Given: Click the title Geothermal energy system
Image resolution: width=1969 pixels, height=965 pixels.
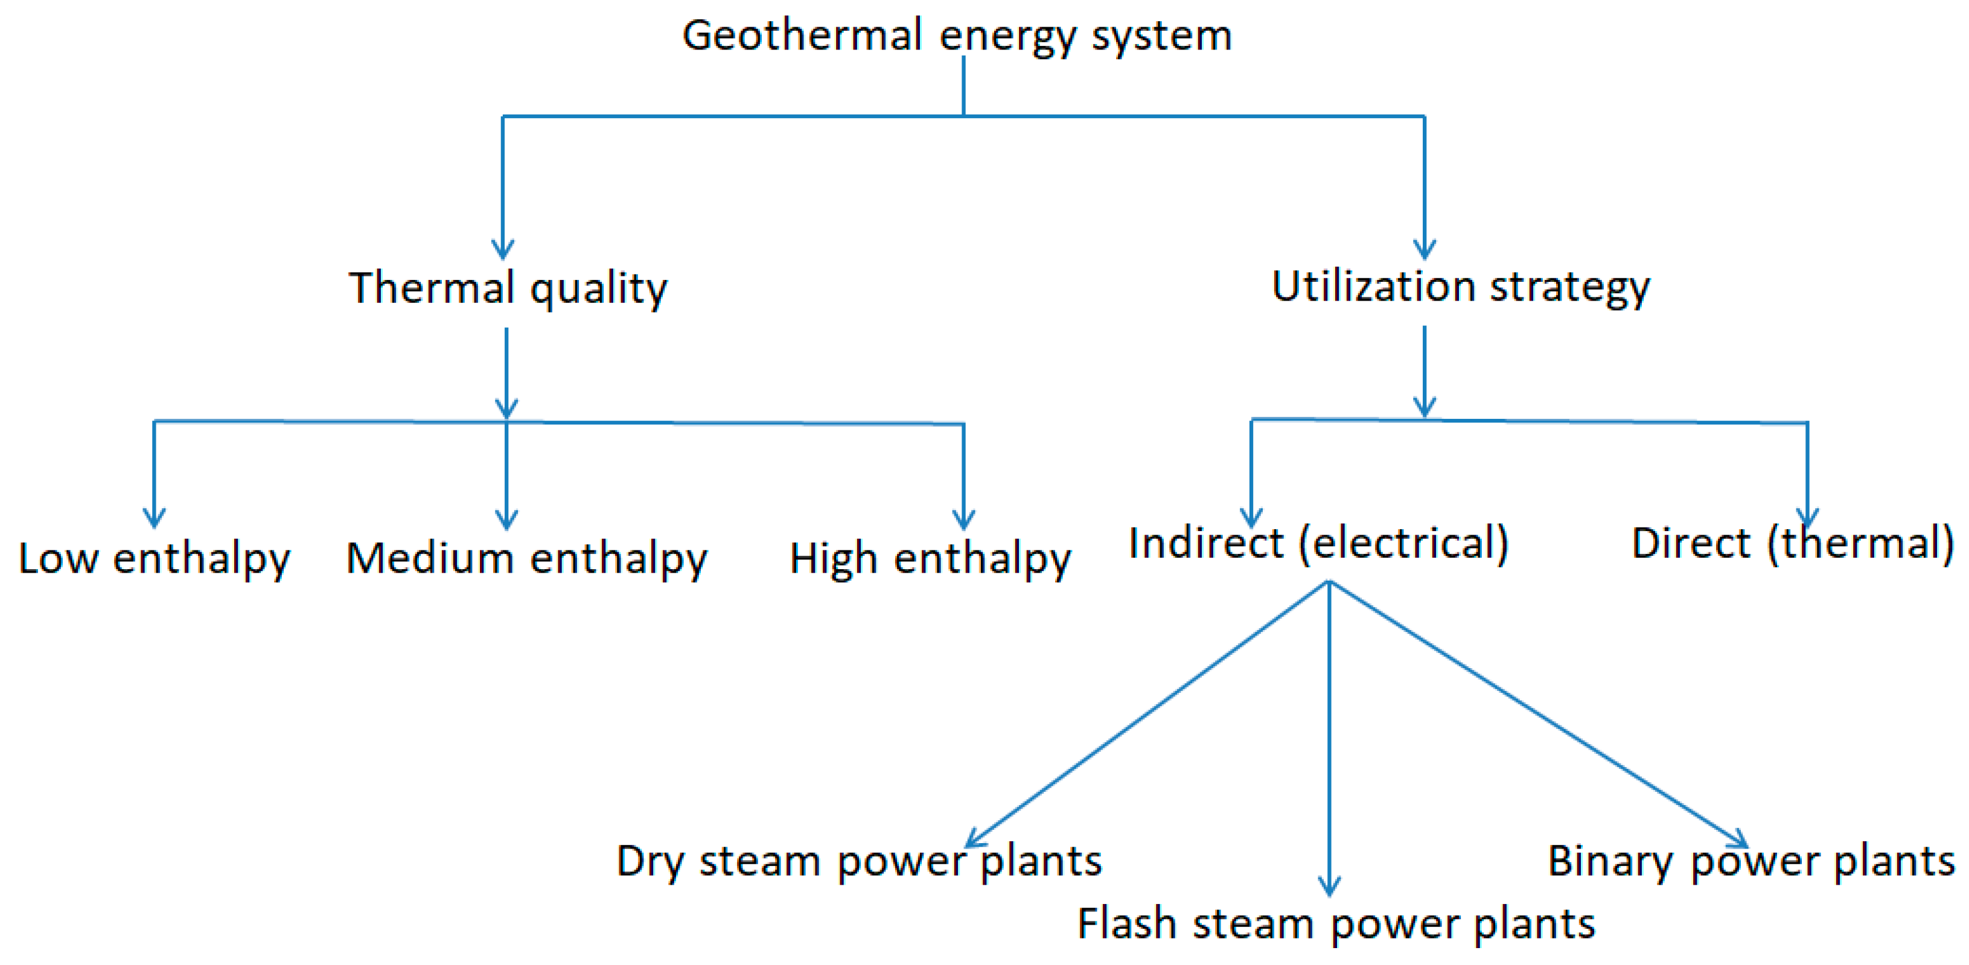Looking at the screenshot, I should [x=957, y=36].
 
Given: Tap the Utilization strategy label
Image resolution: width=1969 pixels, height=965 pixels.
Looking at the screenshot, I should [x=1460, y=287].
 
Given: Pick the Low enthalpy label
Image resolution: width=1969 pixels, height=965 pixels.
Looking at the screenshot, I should [x=155, y=558].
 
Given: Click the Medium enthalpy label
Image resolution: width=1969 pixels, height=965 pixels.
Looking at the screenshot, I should [x=526, y=558].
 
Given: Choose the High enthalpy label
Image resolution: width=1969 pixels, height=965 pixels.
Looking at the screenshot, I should [x=930, y=558].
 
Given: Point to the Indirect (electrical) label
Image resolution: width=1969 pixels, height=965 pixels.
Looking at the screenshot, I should [x=1318, y=543].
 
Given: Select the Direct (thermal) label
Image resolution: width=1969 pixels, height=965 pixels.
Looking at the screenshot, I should [x=1792, y=543].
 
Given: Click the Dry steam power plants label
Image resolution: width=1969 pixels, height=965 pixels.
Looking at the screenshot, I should [x=858, y=861].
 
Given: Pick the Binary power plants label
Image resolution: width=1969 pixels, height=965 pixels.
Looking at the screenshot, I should [x=1750, y=861].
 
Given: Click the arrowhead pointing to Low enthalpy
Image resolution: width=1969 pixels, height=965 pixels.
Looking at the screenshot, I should [x=155, y=520].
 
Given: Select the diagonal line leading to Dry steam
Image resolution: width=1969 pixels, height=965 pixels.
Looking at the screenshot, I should [x=1146, y=715].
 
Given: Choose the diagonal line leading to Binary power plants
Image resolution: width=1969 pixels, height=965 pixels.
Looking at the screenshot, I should [x=1536, y=715].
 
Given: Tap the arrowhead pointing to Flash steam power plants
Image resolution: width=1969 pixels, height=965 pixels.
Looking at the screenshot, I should [x=1329, y=887].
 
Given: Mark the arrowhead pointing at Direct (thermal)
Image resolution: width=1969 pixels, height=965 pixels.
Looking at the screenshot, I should [x=1807, y=520].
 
